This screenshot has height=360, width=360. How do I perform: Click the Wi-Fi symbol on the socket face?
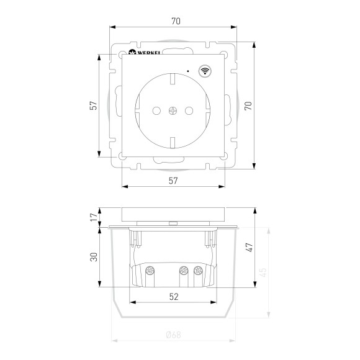[x=205, y=71]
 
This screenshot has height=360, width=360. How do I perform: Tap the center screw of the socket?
[x=173, y=111]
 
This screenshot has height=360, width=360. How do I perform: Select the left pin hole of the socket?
[x=156, y=111]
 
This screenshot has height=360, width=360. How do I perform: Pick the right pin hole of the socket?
[x=189, y=111]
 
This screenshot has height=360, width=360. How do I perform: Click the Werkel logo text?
[x=149, y=53]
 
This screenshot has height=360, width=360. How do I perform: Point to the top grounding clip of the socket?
[x=173, y=78]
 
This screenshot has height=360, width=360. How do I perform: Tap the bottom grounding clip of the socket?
[x=173, y=143]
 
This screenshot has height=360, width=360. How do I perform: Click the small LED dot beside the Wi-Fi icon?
[x=188, y=71]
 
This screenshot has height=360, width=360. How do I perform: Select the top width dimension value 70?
[x=176, y=21]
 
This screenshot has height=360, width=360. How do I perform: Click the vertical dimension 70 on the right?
[x=248, y=106]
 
